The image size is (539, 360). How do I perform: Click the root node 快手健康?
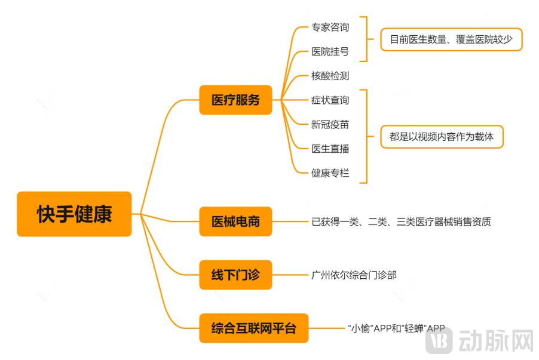74,214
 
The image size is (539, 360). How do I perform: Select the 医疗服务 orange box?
235,100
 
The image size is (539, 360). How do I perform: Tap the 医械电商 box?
235,221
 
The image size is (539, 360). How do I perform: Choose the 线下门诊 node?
235,275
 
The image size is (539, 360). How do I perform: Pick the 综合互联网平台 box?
253,328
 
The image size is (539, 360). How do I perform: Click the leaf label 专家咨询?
330,27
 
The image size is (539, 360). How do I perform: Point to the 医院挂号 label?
330,51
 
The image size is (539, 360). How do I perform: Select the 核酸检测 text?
330,76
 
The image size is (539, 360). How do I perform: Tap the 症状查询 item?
330,100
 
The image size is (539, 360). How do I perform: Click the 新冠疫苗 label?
330,124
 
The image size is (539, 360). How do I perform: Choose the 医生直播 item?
330,149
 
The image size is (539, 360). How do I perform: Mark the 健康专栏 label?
330,173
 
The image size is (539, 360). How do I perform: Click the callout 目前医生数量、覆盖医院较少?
451,39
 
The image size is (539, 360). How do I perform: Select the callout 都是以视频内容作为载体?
442,137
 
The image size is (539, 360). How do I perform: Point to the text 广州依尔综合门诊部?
354,275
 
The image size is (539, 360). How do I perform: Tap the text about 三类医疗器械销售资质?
401,222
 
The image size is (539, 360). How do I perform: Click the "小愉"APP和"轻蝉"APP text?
396,328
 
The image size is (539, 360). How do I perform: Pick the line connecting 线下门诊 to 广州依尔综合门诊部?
289,275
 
